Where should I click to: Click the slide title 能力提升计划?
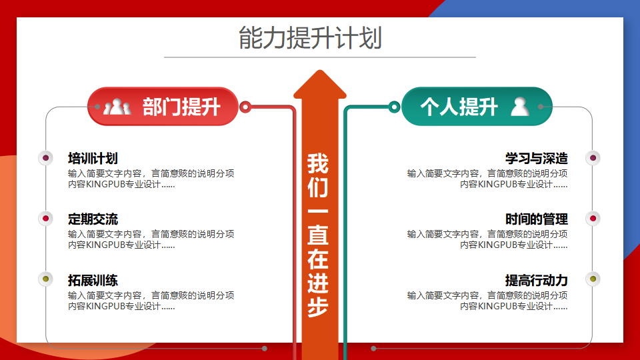click(x=310, y=37)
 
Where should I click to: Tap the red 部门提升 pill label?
click(x=163, y=107)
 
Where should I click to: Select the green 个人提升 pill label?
click(x=477, y=107)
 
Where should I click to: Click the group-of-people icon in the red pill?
click(x=117, y=107)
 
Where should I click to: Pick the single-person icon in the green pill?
click(x=520, y=107)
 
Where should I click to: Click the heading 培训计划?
click(x=93, y=159)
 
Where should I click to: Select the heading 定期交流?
click(x=93, y=219)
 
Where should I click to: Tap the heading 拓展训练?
click(x=93, y=281)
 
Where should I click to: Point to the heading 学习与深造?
click(x=536, y=159)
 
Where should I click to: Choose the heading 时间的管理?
click(x=536, y=219)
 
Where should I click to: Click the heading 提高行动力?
click(x=536, y=281)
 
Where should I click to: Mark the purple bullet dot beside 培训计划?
click(x=46, y=158)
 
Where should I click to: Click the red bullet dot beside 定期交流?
click(x=46, y=219)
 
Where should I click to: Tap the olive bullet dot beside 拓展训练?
click(x=46, y=279)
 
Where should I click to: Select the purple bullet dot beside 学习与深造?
click(x=593, y=158)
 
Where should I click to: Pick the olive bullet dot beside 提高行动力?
click(x=593, y=279)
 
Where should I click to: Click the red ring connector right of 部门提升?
click(x=245, y=107)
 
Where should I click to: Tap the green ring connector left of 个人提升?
click(x=394, y=107)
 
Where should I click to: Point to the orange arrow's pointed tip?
click(x=320, y=70)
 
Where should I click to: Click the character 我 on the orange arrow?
click(x=318, y=164)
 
